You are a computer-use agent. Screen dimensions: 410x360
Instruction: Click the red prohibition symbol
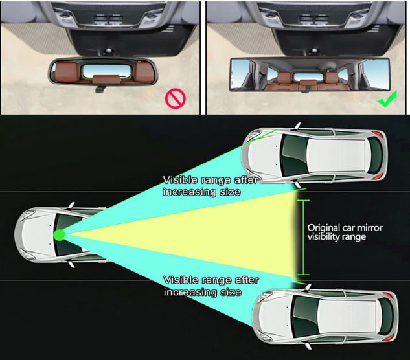(x=175, y=98)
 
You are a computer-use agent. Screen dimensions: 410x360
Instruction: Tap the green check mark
(x=387, y=100)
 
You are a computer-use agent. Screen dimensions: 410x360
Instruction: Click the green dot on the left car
(x=60, y=235)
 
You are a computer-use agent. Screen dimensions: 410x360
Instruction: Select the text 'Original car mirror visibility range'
(x=345, y=232)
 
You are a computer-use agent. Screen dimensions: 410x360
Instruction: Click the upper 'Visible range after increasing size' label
(x=211, y=186)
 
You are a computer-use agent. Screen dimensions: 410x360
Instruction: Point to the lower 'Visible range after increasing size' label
(x=211, y=286)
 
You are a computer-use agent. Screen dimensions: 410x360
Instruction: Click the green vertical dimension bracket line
(x=303, y=238)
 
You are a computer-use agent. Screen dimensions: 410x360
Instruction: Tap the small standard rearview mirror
(x=103, y=71)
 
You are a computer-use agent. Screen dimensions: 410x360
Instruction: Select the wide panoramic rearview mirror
(x=310, y=74)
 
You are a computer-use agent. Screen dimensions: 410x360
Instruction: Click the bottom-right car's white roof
(x=347, y=317)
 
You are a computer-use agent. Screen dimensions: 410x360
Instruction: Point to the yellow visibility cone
(x=183, y=236)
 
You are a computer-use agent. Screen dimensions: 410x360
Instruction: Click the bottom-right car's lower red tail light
(x=389, y=337)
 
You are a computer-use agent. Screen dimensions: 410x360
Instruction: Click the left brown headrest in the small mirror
(x=67, y=71)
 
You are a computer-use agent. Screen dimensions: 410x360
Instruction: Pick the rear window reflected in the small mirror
(x=106, y=71)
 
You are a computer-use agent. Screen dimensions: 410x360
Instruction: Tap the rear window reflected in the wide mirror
(x=308, y=77)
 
